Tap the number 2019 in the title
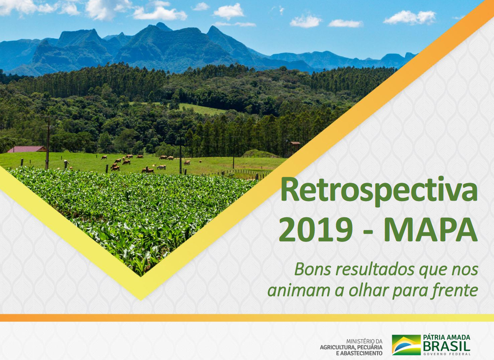click(316, 229)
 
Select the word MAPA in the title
click(430, 229)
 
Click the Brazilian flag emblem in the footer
click(406, 345)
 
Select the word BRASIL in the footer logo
click(447, 347)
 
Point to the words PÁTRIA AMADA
click(447, 337)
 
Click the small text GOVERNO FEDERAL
click(447, 354)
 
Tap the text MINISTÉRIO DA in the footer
click(364, 341)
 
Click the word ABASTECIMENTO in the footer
click(361, 353)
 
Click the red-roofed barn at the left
click(26, 149)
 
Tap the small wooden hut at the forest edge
click(295, 147)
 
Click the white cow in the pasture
click(161, 167)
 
